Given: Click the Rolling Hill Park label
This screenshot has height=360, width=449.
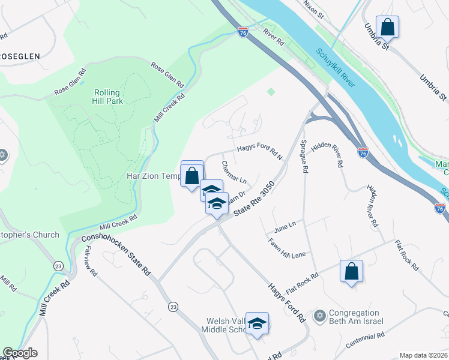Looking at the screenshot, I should tap(107, 98).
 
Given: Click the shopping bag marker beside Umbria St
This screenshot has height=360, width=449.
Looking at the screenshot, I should tap(387, 27).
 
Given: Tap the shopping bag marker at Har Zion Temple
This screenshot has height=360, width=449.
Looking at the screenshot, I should tap(192, 176).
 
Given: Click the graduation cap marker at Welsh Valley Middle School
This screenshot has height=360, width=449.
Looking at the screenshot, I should tap(257, 324).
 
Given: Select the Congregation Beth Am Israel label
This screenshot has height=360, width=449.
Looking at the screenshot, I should tap(355, 317).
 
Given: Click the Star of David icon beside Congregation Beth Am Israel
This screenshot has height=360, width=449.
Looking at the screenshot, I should tap(320, 315).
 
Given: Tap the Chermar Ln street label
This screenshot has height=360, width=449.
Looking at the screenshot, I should tap(234, 172).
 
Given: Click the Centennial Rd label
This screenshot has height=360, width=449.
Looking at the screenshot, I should tap(365, 344).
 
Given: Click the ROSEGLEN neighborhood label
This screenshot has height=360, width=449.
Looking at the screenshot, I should tap(19, 56).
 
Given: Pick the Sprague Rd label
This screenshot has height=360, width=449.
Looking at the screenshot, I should tap(304, 157).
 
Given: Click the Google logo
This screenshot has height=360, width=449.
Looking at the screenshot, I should tap(20, 352).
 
